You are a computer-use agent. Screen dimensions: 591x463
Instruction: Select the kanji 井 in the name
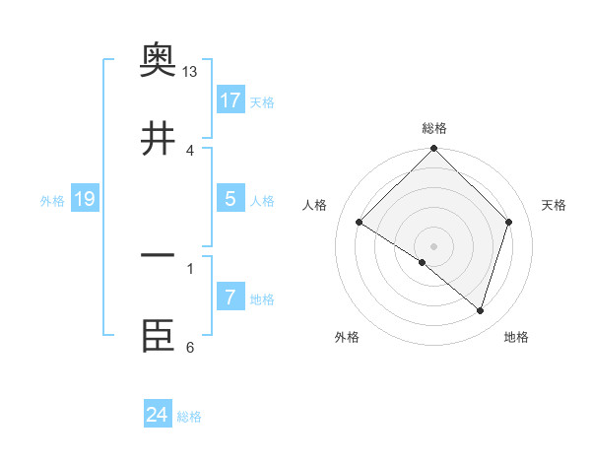pyautogui.click(x=159, y=138)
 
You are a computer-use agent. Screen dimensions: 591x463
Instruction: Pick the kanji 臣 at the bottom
pyautogui.click(x=159, y=335)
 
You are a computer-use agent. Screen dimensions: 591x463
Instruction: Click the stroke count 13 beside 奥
pyautogui.click(x=190, y=72)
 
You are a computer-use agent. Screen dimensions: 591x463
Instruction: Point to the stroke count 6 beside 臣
pyautogui.click(x=190, y=348)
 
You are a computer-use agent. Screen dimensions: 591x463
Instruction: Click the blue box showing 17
pyautogui.click(x=230, y=100)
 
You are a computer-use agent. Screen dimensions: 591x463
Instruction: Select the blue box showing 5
pyautogui.click(x=230, y=199)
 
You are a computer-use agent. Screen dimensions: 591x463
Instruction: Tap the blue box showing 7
pyautogui.click(x=230, y=298)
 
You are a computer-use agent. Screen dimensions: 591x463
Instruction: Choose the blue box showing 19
pyautogui.click(x=85, y=199)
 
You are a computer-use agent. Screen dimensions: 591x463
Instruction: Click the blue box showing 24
pyautogui.click(x=158, y=415)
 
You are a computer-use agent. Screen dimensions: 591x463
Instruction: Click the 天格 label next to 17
pyautogui.click(x=261, y=102)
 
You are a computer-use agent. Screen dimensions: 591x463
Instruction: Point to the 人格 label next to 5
pyautogui.click(x=261, y=201)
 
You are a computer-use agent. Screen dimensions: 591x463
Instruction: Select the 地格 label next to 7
pyautogui.click(x=261, y=299)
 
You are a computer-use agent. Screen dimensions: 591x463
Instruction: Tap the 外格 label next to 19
pyautogui.click(x=52, y=201)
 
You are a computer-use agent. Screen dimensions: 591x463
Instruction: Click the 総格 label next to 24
pyautogui.click(x=189, y=417)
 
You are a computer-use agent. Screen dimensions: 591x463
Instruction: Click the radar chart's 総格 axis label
pyautogui.click(x=434, y=128)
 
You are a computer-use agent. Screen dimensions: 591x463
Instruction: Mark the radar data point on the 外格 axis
pyautogui.click(x=423, y=263)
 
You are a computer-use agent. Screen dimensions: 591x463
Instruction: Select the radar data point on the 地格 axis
pyautogui.click(x=481, y=311)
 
